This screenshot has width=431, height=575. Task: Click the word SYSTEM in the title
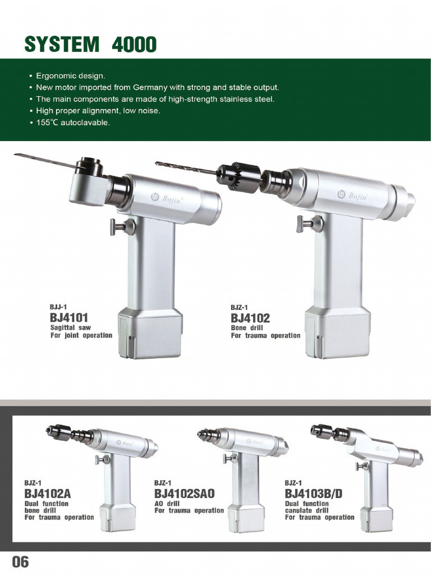62,44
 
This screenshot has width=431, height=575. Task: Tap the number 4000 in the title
134,44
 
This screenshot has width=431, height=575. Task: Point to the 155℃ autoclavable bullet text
73,122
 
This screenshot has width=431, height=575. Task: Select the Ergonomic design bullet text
70,76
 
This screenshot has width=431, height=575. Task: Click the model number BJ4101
69,318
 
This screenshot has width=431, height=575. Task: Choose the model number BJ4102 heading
250,318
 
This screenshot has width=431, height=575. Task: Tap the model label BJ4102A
48,494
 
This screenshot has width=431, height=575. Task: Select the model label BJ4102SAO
184,494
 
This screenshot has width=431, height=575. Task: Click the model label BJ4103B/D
314,494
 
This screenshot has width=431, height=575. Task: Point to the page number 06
20,562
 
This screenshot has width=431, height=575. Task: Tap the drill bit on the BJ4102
186,167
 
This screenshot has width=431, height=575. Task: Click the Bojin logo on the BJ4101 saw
167,198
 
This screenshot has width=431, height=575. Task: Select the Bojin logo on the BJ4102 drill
352,195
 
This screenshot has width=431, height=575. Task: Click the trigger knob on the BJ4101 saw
121,227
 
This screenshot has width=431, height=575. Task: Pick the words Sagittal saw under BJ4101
70,327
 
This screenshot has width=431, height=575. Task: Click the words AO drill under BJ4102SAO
167,504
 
